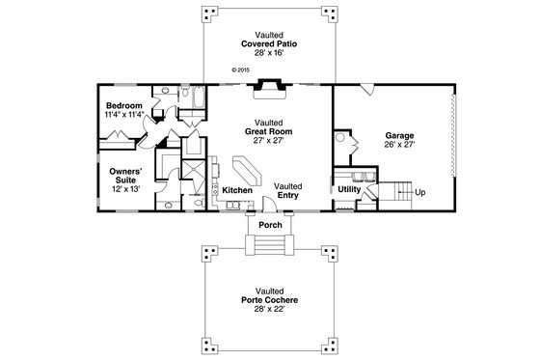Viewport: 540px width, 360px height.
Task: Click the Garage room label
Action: tap(399, 136)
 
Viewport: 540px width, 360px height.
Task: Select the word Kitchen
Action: tap(237, 190)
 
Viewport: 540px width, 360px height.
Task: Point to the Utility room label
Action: tap(348, 190)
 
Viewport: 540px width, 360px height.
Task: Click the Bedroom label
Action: tap(124, 104)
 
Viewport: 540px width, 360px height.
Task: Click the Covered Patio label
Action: tap(269, 43)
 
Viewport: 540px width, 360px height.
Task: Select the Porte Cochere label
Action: tap(269, 300)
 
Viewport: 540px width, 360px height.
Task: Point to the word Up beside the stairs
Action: tap(420, 192)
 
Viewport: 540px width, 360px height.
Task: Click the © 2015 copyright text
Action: tap(241, 69)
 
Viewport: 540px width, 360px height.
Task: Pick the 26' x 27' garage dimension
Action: tap(399, 146)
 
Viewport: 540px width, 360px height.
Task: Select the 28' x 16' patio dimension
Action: tap(269, 53)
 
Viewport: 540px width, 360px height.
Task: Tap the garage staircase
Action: tap(397, 190)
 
